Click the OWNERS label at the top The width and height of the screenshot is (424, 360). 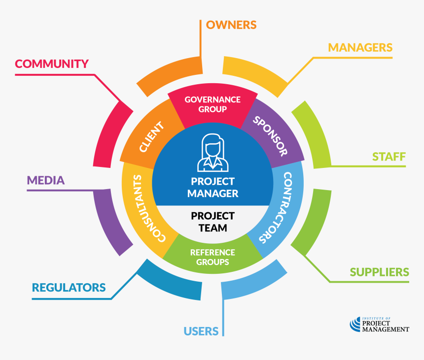231,25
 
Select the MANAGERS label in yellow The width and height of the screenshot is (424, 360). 360,47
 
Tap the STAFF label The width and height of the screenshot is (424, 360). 389,157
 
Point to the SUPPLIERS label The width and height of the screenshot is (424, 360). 379,272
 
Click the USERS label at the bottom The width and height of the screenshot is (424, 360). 201,331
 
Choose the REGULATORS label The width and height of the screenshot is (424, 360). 69,287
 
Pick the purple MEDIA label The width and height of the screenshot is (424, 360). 45,180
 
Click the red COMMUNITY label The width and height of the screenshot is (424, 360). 51,64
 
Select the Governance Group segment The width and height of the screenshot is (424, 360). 212,104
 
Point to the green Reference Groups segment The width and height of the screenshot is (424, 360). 212,257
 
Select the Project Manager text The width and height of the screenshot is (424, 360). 212,188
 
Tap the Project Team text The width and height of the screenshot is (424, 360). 212,222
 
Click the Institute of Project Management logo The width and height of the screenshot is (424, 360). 379,325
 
